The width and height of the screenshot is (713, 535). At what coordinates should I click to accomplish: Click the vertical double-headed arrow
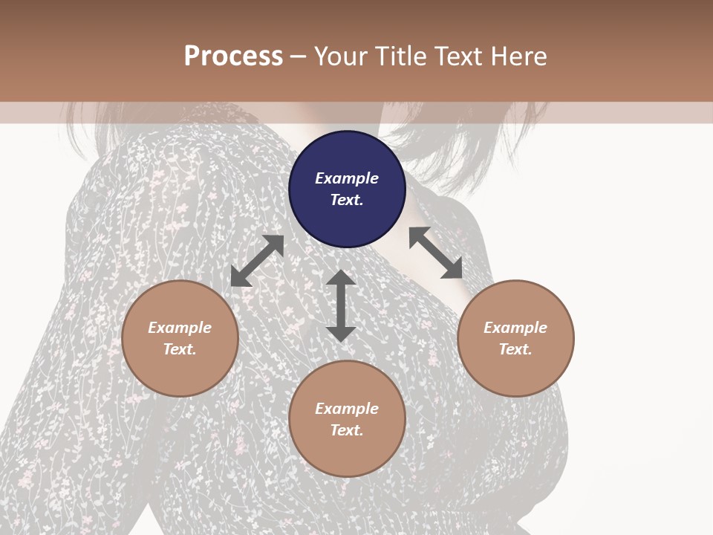click(x=341, y=305)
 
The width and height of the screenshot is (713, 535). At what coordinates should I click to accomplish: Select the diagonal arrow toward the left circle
click(x=257, y=261)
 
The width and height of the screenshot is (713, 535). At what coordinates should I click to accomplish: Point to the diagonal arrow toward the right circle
click(x=436, y=253)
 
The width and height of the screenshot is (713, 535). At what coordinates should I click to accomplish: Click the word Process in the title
click(x=233, y=56)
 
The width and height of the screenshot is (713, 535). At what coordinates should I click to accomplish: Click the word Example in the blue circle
click(x=347, y=178)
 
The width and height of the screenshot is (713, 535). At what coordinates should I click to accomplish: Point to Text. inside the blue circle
click(x=347, y=200)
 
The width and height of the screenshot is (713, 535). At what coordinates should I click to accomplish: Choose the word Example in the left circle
click(x=180, y=328)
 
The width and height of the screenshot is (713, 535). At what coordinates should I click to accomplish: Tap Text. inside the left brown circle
click(x=180, y=349)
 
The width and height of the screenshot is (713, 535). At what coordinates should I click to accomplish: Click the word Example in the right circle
click(x=515, y=328)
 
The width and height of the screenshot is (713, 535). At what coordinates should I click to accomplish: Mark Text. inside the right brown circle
click(x=515, y=349)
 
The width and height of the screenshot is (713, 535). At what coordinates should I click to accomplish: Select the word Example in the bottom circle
click(x=347, y=409)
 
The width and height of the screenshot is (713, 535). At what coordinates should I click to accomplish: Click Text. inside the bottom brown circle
click(x=347, y=430)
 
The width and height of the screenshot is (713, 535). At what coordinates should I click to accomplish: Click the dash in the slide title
click(x=298, y=56)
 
